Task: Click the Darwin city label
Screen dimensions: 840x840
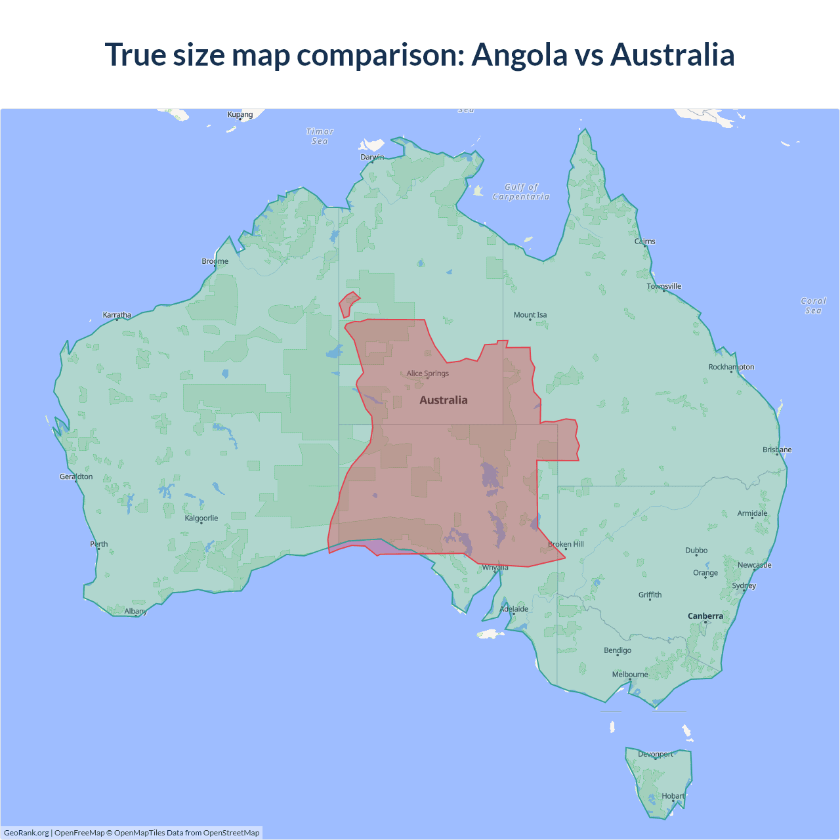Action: (x=372, y=157)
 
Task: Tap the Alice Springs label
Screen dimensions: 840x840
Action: (x=428, y=373)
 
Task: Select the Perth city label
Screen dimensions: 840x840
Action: (x=99, y=544)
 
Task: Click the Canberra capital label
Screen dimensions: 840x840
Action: (x=705, y=616)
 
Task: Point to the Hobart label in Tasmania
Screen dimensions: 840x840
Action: (x=673, y=796)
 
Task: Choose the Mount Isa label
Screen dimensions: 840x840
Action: (x=530, y=315)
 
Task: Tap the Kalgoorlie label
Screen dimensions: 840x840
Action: (x=201, y=518)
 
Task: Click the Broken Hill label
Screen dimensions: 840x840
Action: (x=566, y=544)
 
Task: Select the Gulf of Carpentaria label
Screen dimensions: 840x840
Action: (x=521, y=192)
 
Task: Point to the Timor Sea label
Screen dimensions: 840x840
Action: (x=320, y=136)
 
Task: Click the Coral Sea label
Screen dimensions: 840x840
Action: (x=813, y=306)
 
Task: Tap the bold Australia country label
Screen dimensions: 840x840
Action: (x=444, y=400)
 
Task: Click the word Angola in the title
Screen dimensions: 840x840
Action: (x=519, y=54)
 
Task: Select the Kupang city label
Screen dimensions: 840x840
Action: (x=240, y=114)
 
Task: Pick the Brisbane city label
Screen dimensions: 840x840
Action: (x=777, y=450)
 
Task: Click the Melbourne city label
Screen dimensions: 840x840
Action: (x=630, y=675)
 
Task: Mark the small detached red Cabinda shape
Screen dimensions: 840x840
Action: (x=348, y=304)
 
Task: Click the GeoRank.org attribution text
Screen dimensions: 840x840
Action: (x=26, y=833)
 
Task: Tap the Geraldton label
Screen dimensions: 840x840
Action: (x=76, y=476)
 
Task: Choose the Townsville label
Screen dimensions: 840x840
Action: (x=664, y=286)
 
